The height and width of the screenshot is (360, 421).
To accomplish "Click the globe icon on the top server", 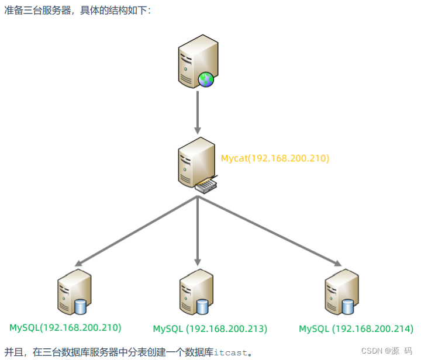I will coord(206,79).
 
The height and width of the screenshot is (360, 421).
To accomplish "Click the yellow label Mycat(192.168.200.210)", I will coord(275,158).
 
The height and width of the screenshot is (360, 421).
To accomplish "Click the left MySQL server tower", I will coord(73,292).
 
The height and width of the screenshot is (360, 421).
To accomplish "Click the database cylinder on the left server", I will coord(81,306).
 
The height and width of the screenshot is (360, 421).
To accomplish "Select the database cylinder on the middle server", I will coord(202,306).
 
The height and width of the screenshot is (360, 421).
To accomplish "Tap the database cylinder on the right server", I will coord(348,306).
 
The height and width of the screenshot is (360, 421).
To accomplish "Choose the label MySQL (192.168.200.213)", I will coord(210,328).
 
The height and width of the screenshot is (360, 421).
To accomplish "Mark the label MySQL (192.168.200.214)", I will coord(356,328).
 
